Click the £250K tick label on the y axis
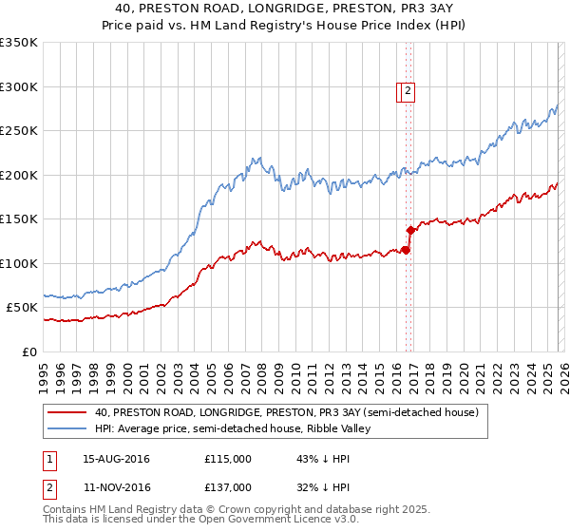(19, 131)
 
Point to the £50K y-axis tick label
(22, 308)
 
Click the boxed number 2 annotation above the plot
(408, 91)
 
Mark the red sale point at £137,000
(410, 230)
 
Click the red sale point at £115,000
(406, 250)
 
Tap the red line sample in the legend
(66, 412)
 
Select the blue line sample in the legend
(66, 428)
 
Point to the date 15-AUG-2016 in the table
(116, 459)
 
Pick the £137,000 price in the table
(228, 486)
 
